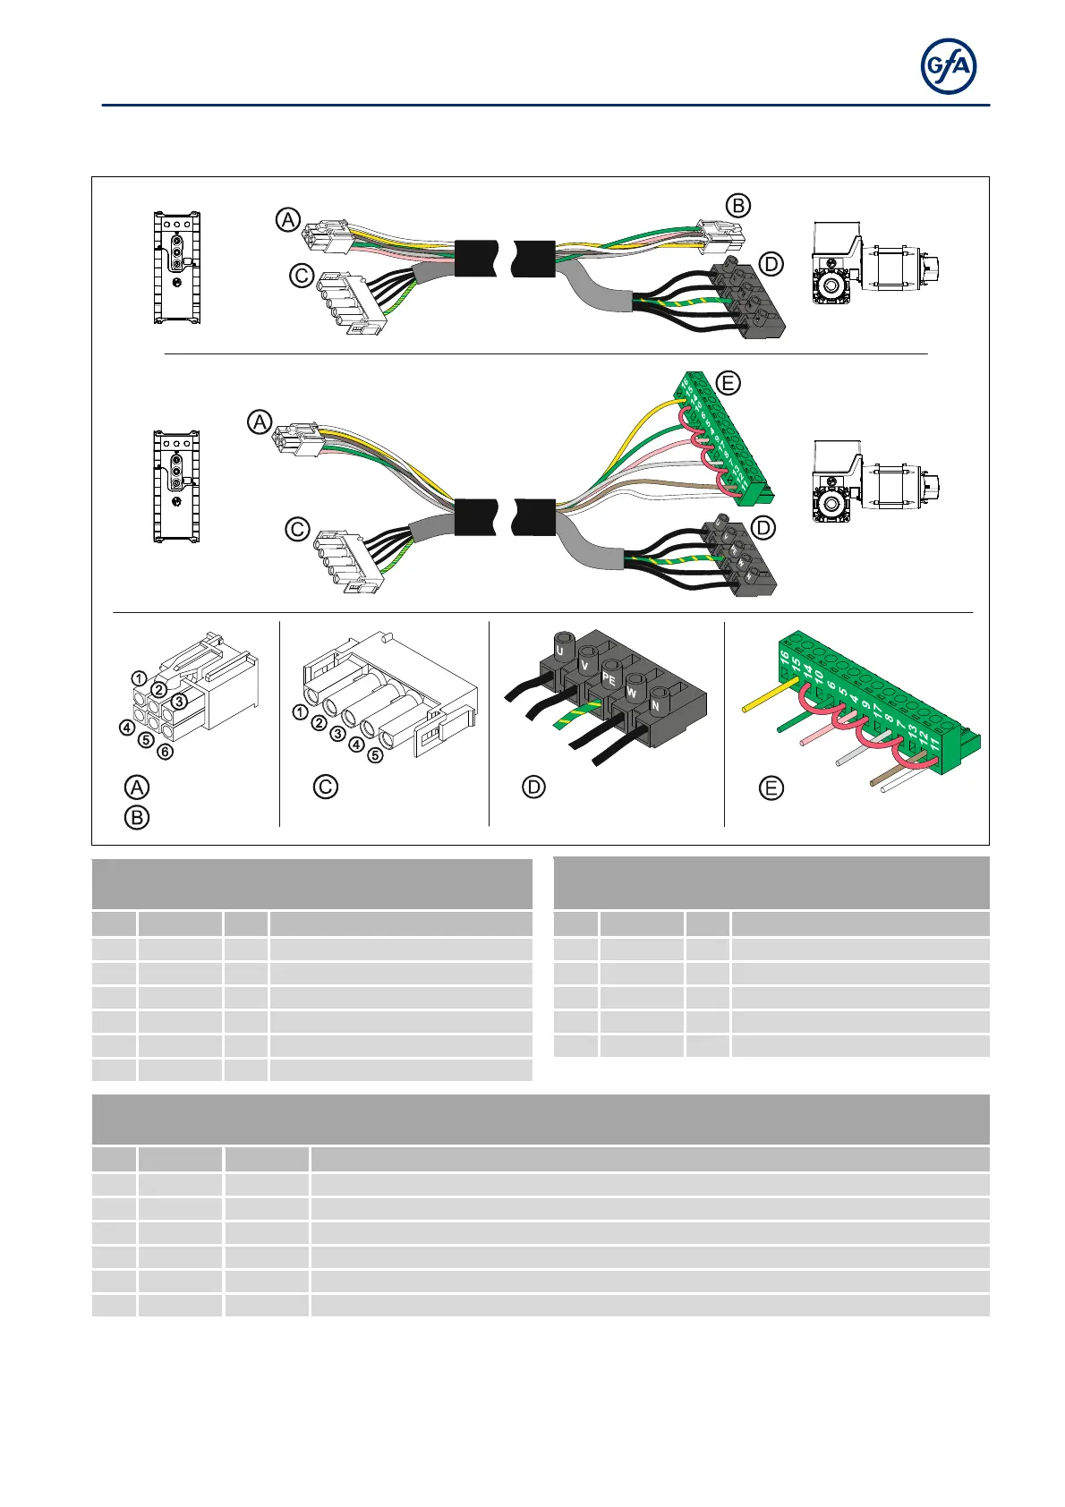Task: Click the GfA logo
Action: [949, 67]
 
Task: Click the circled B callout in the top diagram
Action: [738, 205]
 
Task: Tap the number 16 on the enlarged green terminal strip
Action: [785, 660]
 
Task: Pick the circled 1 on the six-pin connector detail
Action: [139, 678]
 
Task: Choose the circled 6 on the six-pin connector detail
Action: [165, 752]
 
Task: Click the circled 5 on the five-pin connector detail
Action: [375, 754]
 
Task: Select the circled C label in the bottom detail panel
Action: [325, 787]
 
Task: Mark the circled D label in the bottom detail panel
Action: [533, 788]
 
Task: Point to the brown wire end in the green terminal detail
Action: [875, 782]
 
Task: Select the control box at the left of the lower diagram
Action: [176, 487]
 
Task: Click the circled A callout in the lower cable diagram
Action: [260, 421]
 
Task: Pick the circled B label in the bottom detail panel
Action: [136, 817]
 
